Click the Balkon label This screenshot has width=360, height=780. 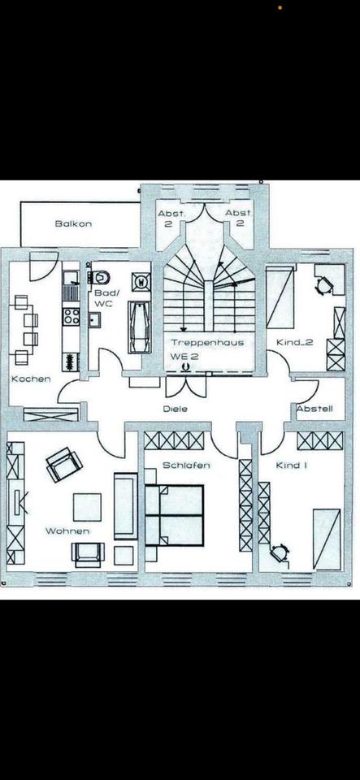click(x=73, y=223)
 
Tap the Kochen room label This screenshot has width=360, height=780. click(x=31, y=379)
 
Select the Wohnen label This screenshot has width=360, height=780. click(x=67, y=531)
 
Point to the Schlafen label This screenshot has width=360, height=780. click(x=186, y=465)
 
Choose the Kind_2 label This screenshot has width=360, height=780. click(x=295, y=342)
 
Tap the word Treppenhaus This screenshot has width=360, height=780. click(x=207, y=342)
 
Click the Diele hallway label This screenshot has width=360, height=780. click(x=176, y=409)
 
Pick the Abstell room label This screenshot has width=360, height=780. click(x=314, y=409)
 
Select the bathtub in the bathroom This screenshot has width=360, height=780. click(x=139, y=327)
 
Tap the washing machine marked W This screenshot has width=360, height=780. click(x=141, y=282)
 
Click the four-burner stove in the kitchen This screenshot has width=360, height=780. click(x=71, y=315)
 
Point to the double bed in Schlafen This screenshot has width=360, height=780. click(x=174, y=516)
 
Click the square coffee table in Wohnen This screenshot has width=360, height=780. click(x=87, y=507)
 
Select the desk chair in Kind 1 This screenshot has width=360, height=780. click(x=279, y=553)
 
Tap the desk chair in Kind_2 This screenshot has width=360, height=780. click(x=324, y=285)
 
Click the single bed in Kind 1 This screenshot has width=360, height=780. click(x=327, y=539)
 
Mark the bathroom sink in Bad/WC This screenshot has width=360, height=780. click(x=93, y=319)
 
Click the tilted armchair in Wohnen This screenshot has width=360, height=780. click(x=64, y=464)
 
